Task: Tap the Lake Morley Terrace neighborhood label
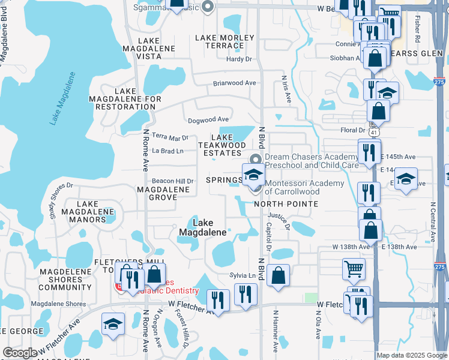tap(220, 42)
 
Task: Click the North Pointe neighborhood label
tap(286, 204)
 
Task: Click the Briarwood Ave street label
tap(235, 83)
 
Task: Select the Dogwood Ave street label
tap(209, 119)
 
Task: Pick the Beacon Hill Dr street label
tap(173, 181)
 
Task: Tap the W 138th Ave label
tap(351, 247)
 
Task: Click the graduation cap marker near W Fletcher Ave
tap(113, 323)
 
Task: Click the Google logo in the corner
tap(20, 353)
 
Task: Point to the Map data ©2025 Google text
tap(412, 355)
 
